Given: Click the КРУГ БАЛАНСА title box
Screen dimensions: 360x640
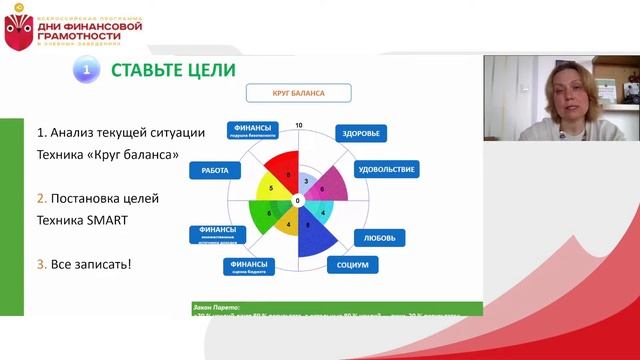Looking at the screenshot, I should click(299, 94).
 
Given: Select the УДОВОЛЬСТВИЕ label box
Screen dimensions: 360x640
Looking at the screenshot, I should click(385, 169).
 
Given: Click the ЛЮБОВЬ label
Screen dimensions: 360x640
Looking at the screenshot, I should click(380, 238).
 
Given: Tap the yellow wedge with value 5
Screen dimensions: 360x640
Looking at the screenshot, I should click(271, 189).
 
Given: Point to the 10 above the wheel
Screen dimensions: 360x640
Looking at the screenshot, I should click(298, 125).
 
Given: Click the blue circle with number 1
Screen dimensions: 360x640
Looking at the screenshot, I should click(87, 70).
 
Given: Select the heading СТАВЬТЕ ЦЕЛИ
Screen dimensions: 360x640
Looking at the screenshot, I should click(172, 70).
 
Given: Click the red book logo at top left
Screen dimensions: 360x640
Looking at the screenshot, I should click(18, 33).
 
